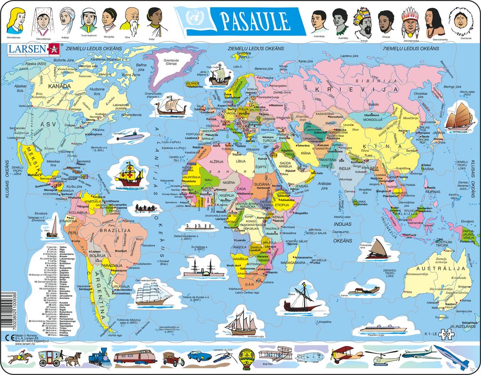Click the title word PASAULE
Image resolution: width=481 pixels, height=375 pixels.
(255, 21)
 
